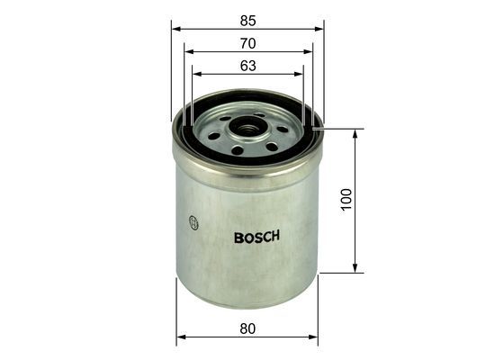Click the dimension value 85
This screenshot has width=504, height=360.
[x=247, y=18]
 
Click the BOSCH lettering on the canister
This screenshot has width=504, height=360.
[x=256, y=238]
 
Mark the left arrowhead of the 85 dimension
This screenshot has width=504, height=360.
[x=175, y=28]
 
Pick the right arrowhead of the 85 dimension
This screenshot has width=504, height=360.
[x=320, y=28]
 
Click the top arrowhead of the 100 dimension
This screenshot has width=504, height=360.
[x=356, y=133]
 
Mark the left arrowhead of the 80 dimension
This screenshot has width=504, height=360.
[x=179, y=337]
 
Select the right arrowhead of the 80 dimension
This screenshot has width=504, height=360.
[x=315, y=337]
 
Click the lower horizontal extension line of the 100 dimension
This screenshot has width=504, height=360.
[x=342, y=271]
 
